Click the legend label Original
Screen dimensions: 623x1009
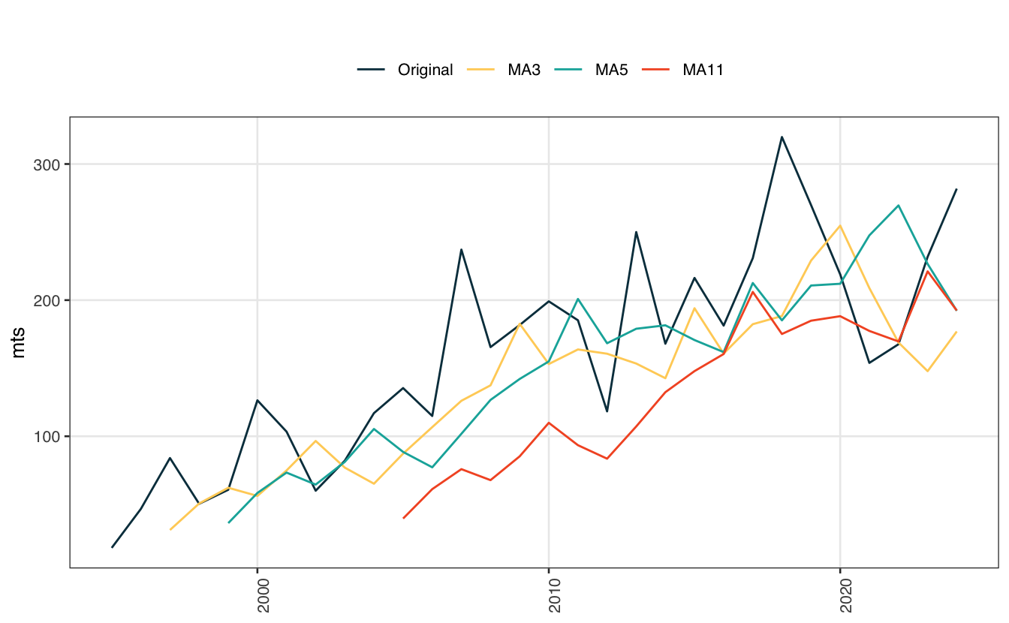[425, 70]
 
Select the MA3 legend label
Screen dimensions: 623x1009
[524, 70]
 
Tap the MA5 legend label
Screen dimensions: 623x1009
[611, 70]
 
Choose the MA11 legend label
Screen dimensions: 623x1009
[703, 70]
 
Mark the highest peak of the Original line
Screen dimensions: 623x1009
[782, 137]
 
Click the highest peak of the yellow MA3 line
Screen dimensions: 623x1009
[840, 225]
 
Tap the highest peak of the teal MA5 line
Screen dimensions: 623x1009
[899, 205]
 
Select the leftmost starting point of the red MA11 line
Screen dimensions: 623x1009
[403, 518]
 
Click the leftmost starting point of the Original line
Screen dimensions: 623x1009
[112, 547]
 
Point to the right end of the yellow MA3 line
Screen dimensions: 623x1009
[956, 331]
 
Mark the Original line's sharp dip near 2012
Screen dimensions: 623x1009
[607, 411]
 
